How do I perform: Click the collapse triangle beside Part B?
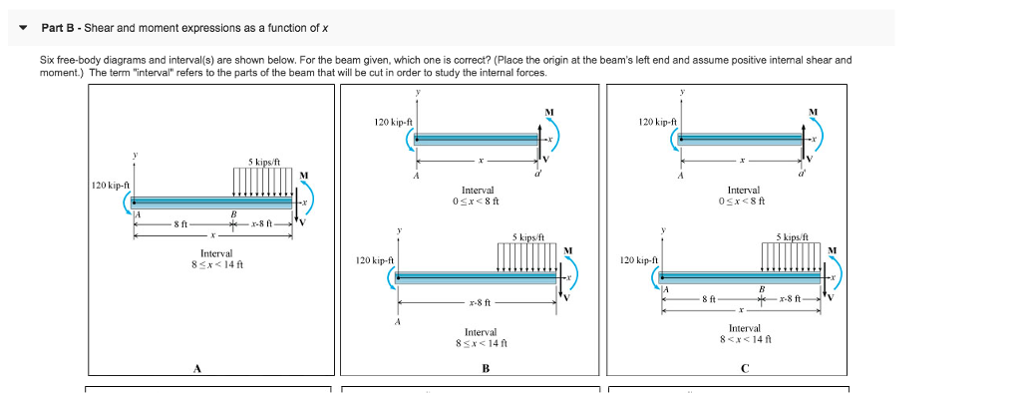click(22, 28)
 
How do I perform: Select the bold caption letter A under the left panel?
click(197, 368)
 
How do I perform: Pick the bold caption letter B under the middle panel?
click(485, 368)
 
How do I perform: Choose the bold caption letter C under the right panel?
click(745, 368)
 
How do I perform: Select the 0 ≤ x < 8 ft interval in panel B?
click(478, 200)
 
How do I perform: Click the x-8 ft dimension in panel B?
click(479, 300)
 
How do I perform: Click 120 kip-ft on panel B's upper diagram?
click(394, 122)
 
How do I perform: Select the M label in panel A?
click(304, 177)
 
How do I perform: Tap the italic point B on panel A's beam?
click(233, 214)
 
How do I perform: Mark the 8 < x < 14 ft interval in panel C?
click(744, 340)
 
